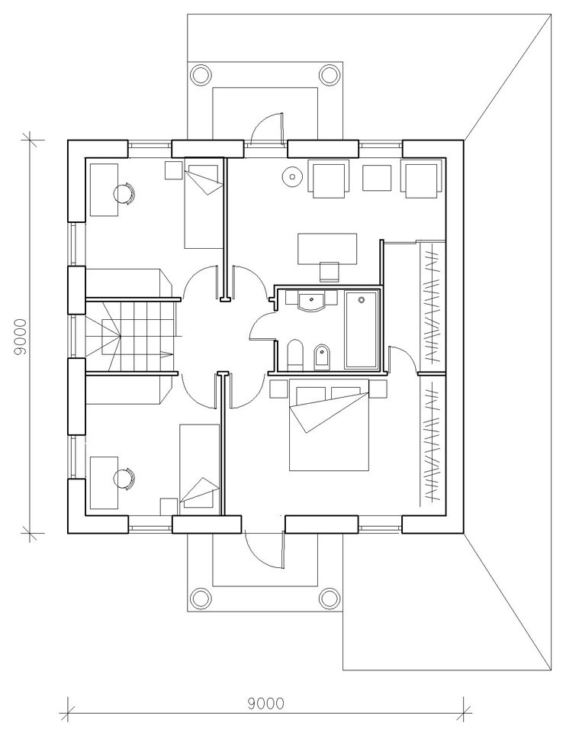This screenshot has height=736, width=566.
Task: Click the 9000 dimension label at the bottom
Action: pos(266,704)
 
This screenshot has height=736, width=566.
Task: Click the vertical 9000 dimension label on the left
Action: pos(21,337)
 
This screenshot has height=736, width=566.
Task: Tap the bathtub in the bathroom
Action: pos(362,330)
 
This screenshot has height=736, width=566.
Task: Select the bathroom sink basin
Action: pos(310,300)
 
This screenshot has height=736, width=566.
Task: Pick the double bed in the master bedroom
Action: pos(329,424)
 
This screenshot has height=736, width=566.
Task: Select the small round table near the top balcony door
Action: pos(292,177)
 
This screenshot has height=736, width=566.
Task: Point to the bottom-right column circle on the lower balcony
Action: pos(329,599)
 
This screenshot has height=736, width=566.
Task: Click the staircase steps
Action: pos(132,335)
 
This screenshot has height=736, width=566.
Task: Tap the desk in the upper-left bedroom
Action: pos(104,189)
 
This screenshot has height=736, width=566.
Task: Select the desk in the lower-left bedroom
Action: pos(104,482)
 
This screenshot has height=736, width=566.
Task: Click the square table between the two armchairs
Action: pos(377,177)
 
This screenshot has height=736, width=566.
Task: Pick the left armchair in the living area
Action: pos(329,176)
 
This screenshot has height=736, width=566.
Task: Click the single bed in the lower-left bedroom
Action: pos(200,466)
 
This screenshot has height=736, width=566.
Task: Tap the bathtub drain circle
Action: pos(362,299)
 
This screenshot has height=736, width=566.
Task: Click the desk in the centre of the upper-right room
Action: pos(327,248)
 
